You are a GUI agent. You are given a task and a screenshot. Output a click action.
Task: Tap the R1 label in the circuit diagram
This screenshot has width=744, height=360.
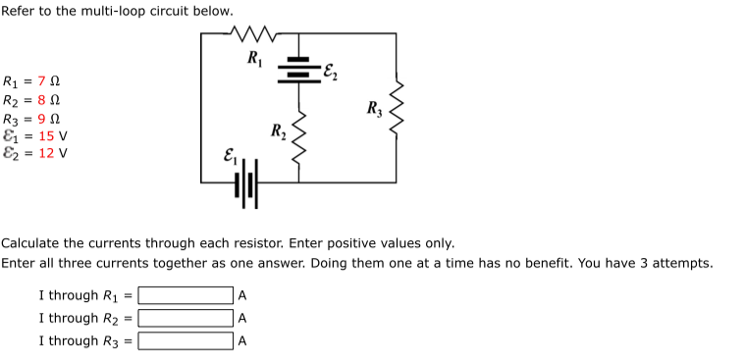(255, 56)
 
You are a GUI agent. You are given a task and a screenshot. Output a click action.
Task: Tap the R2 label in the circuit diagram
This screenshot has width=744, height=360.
(278, 131)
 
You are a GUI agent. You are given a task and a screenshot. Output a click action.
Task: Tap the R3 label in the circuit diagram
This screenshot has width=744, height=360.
(373, 108)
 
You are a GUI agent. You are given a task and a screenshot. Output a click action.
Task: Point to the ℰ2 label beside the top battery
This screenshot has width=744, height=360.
(330, 68)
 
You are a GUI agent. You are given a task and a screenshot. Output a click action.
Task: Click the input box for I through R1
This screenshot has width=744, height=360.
(185, 295)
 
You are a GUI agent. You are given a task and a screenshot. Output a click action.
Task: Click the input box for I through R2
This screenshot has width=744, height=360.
(185, 318)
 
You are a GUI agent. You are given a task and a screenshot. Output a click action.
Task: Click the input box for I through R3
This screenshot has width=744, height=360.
(185, 341)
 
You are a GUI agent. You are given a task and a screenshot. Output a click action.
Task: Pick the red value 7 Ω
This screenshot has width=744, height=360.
(48, 81)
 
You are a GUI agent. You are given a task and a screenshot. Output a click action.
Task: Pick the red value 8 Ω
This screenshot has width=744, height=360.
(48, 100)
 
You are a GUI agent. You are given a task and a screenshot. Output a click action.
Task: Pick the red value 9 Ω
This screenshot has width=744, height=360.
(48, 118)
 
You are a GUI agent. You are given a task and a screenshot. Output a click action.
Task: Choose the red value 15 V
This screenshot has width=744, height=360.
(52, 135)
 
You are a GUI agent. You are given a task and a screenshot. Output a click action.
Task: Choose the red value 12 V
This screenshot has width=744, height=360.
(52, 153)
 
